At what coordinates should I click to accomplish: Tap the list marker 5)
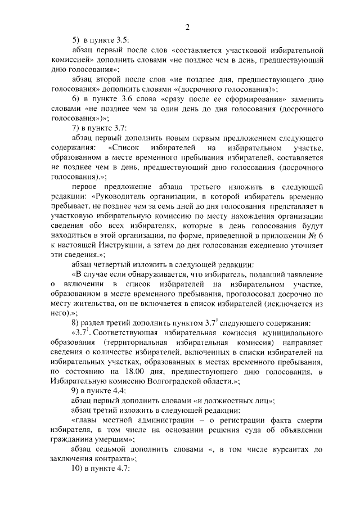(76, 40)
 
